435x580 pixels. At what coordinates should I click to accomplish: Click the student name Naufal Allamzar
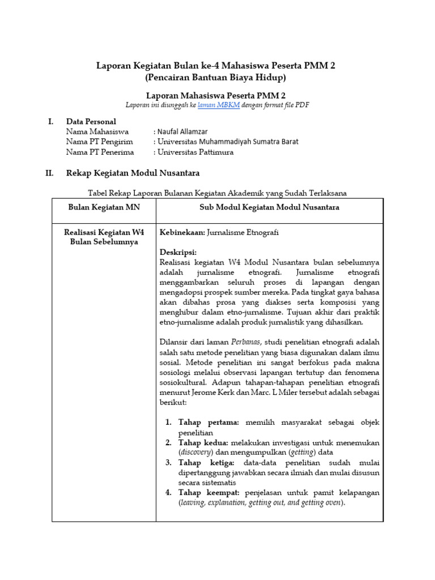pyautogui.click(x=181, y=131)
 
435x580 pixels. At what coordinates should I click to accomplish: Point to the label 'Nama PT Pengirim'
pyautogui.click(x=100, y=142)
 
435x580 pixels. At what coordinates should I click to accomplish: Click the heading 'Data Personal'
pyautogui.click(x=91, y=121)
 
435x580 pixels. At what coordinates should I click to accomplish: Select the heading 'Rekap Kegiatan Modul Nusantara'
pyautogui.click(x=133, y=173)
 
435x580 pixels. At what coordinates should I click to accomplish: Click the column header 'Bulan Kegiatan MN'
pyautogui.click(x=104, y=207)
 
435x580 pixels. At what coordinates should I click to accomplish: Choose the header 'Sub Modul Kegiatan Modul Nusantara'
pyautogui.click(x=270, y=207)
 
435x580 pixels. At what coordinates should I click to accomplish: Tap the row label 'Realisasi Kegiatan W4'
pyautogui.click(x=104, y=232)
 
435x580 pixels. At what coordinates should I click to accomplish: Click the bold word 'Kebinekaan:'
pyautogui.click(x=182, y=232)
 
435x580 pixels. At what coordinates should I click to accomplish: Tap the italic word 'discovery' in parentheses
pyautogui.click(x=196, y=453)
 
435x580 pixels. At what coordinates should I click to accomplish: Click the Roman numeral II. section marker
pyautogui.click(x=49, y=173)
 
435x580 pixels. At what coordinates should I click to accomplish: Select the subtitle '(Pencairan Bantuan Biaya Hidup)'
pyautogui.click(x=216, y=77)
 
